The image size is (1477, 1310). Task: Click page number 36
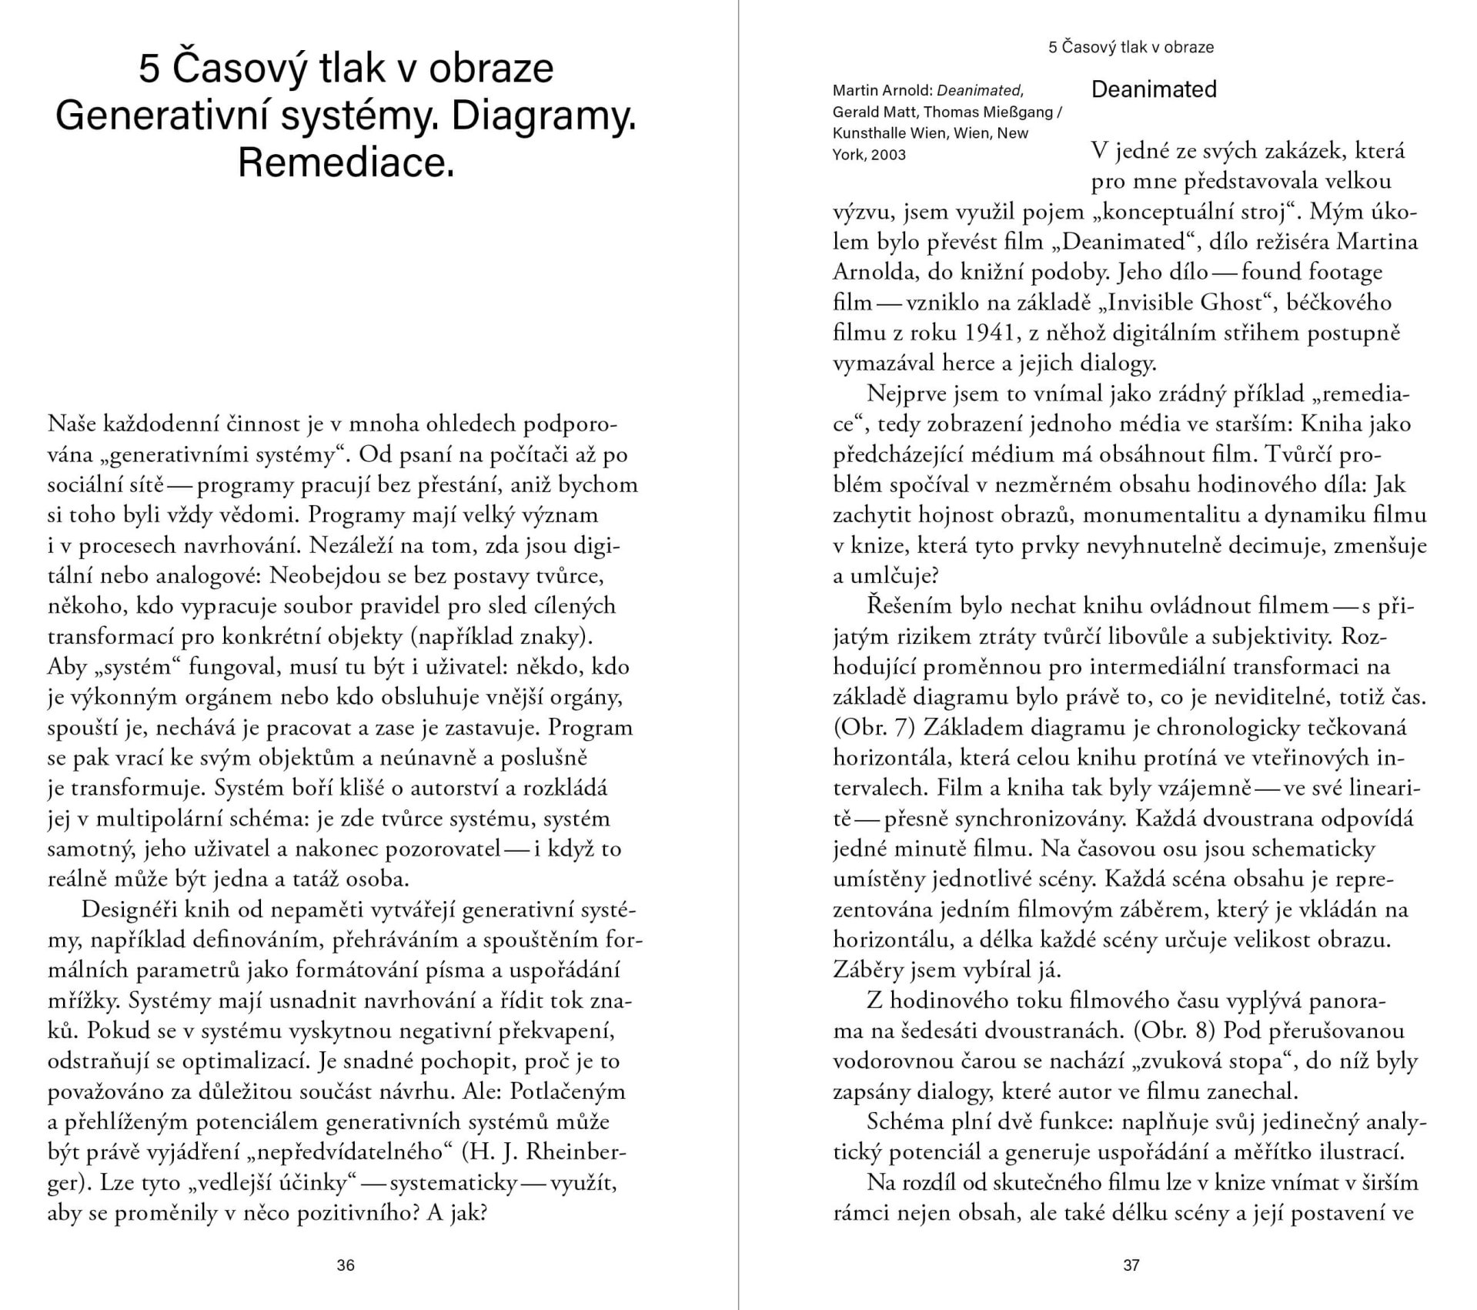[346, 1265]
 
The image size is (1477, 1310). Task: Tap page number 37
[1131, 1265]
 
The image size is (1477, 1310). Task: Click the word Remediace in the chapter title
[345, 162]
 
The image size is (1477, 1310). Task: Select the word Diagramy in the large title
[543, 116]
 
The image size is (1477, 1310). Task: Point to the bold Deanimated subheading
[1154, 89]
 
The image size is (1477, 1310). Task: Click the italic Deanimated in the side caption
[980, 91]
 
